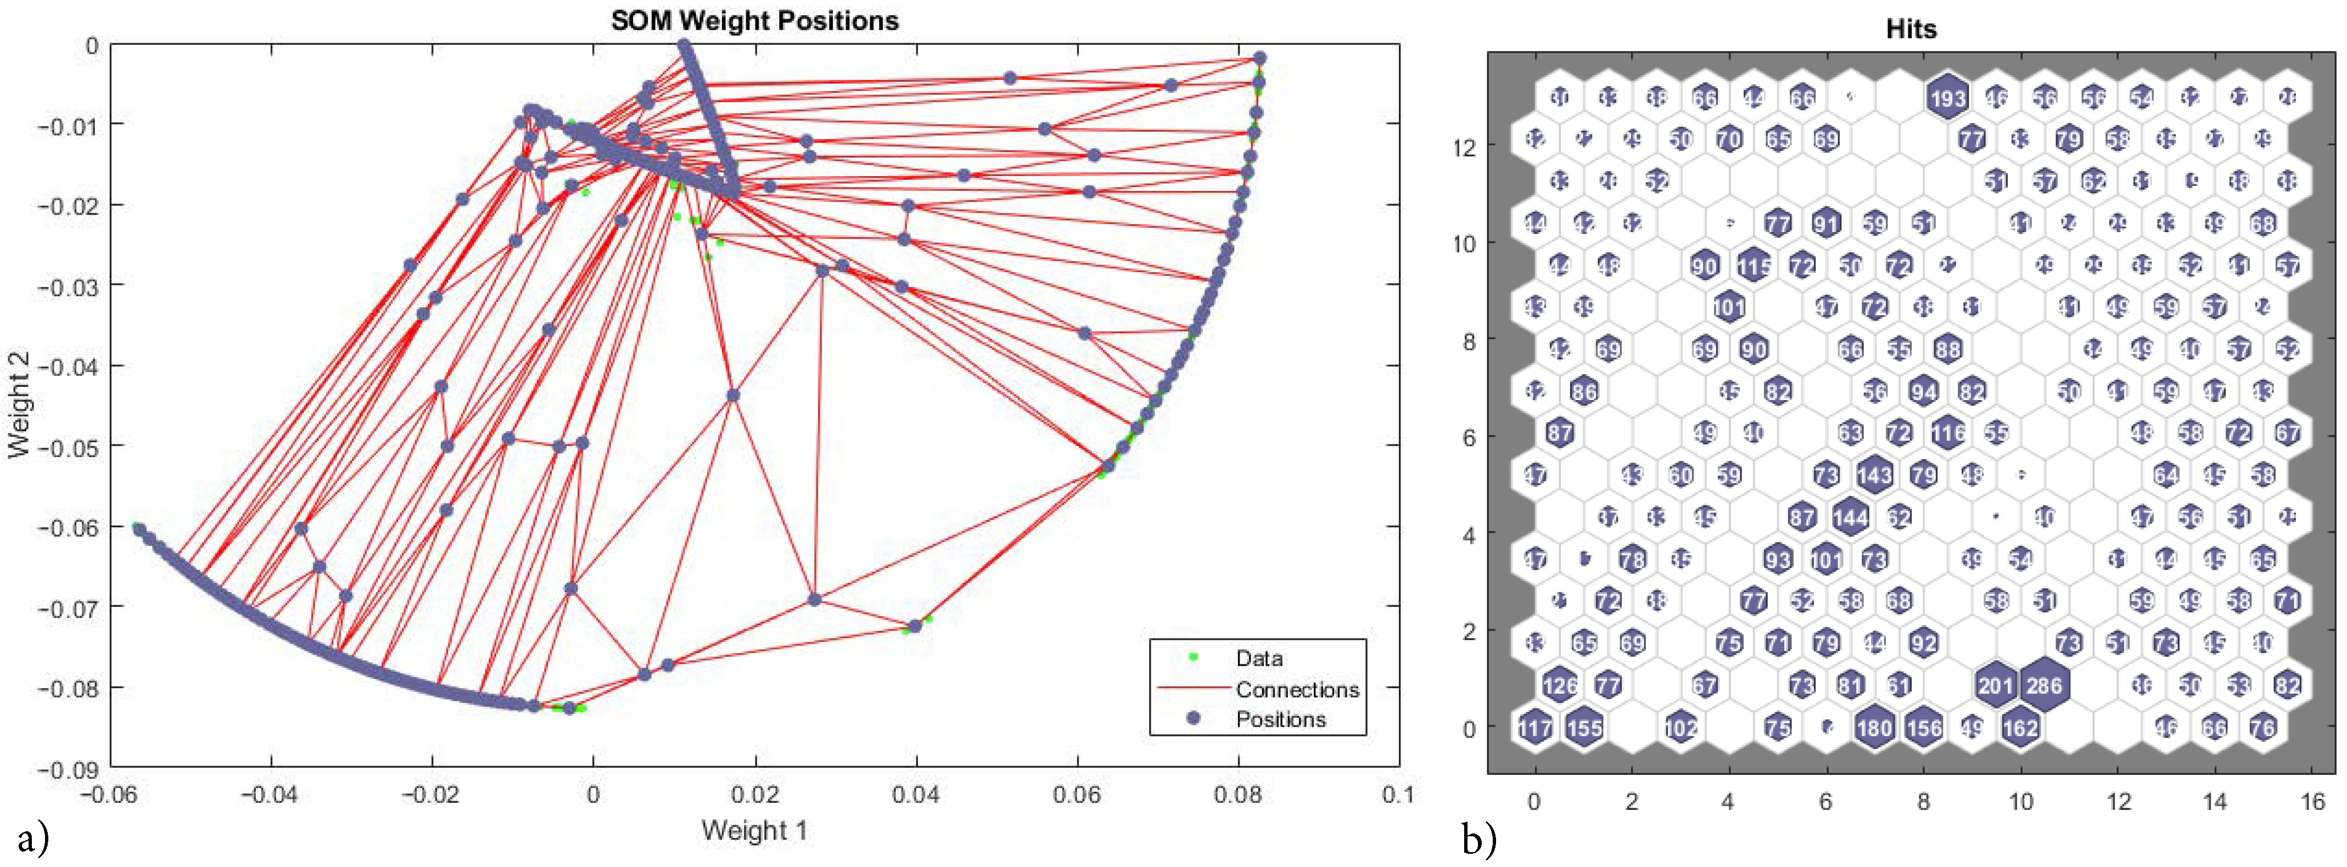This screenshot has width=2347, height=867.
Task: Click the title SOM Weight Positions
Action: (754, 21)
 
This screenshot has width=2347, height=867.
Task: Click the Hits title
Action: (1911, 29)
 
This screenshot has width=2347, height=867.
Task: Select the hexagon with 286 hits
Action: (2043, 685)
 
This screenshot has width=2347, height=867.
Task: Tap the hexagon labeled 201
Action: (1995, 685)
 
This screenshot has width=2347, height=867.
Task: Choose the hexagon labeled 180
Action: (1874, 727)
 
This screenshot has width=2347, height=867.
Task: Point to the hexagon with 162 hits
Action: (2020, 727)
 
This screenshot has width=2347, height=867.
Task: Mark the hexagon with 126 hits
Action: (1560, 685)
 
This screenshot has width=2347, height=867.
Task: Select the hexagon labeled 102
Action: (1681, 727)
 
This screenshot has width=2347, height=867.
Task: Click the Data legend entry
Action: (1259, 657)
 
